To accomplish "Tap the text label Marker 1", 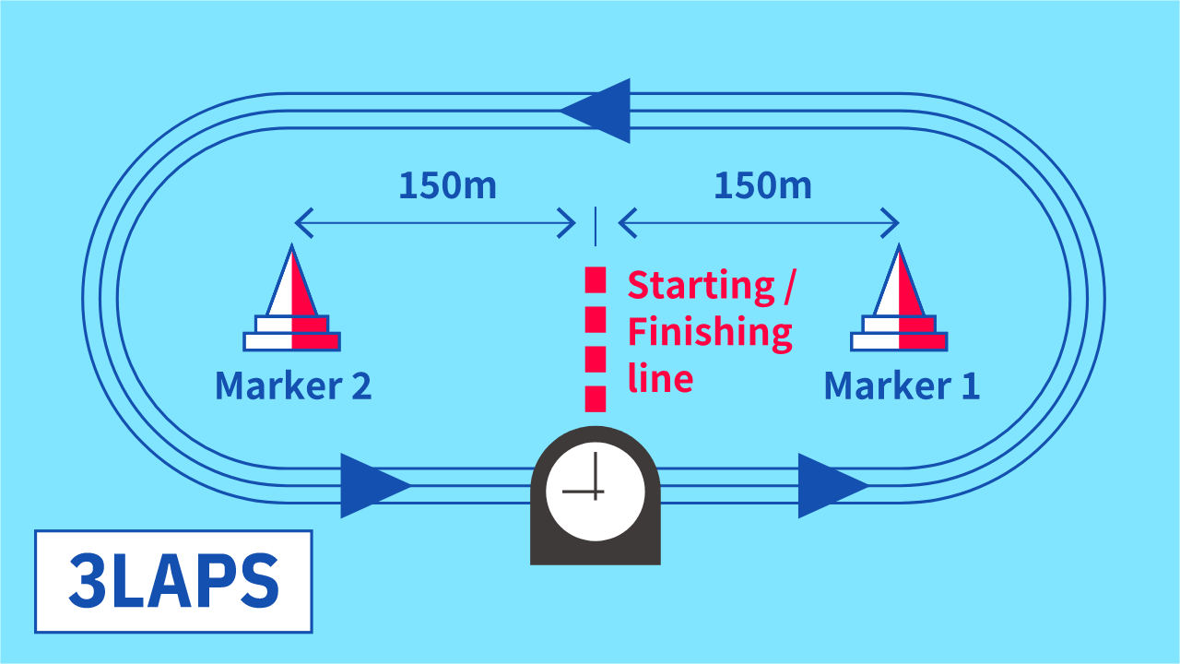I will (901, 385).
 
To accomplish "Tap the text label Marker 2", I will (293, 385).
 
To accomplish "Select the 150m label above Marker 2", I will (447, 186).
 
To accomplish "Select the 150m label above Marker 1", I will (762, 186).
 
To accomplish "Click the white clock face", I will (596, 490).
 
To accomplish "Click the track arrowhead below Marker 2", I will (372, 485).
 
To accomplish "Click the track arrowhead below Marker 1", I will (830, 485).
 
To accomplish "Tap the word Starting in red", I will (701, 286).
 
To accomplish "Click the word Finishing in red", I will (710, 332).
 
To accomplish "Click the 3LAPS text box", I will (173, 581).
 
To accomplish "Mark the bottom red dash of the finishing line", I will (596, 398).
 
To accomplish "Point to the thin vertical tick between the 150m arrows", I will (596, 226).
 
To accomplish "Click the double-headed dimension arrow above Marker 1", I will (758, 222).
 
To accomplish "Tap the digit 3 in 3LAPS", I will (88, 581).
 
